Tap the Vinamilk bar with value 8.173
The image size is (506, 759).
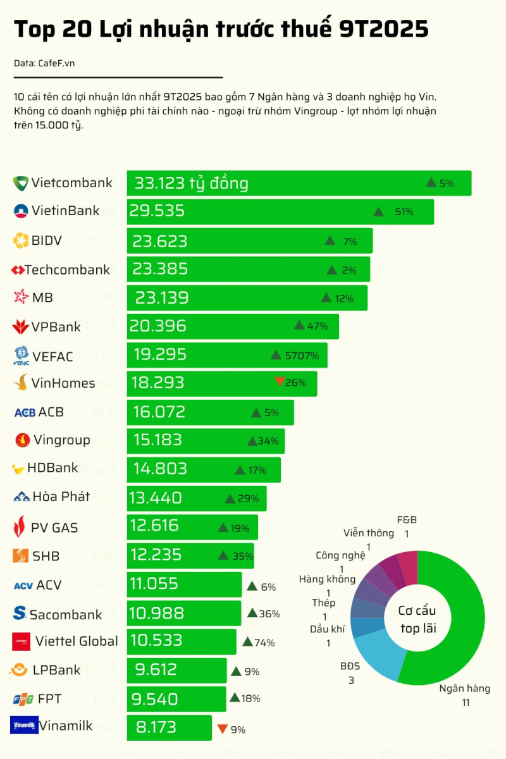click(169, 728)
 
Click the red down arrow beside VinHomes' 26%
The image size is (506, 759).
click(280, 381)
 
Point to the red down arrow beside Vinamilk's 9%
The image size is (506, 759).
click(222, 729)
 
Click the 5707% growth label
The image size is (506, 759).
click(302, 355)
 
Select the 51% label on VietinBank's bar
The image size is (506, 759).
click(404, 212)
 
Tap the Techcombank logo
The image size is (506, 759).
click(17, 270)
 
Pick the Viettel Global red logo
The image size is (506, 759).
click(21, 641)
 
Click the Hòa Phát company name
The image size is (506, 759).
click(61, 497)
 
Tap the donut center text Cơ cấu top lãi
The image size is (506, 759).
click(417, 619)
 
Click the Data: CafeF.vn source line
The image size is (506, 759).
click(39, 64)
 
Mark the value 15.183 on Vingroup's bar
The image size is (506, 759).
click(157, 440)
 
